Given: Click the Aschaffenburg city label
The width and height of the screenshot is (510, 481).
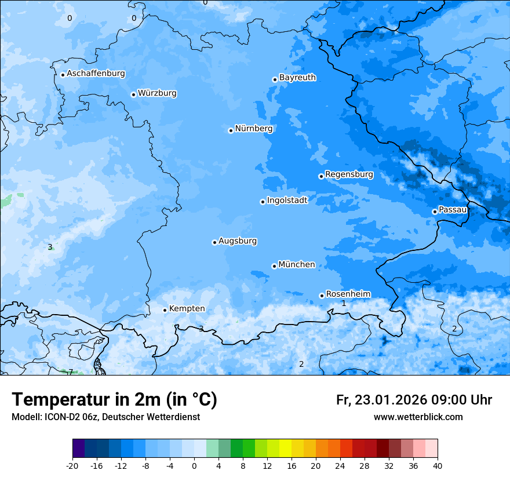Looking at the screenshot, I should tap(96, 74).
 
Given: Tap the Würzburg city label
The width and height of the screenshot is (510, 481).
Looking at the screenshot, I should tap(157, 93).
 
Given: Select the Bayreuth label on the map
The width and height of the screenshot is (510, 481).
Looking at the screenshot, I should tap(297, 78).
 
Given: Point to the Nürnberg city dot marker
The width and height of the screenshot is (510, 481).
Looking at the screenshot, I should tap(231, 130).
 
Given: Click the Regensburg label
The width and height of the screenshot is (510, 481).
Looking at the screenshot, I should tap(349, 174).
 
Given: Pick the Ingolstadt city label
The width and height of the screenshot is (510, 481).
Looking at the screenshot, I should tap(287, 201).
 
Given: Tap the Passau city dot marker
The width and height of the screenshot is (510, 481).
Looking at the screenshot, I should tap(435, 212).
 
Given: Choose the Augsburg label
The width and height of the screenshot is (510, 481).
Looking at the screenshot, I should tap(238, 241).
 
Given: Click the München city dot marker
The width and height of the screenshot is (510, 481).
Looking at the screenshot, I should tap(274, 266).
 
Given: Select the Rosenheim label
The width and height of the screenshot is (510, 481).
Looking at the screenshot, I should tap(348, 294).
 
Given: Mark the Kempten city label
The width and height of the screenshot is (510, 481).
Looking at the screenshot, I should tap(187, 309).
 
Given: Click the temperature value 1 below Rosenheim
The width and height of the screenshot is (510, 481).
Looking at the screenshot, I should tap(344, 303).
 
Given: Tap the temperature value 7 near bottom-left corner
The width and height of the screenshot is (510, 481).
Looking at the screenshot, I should tap(71, 372).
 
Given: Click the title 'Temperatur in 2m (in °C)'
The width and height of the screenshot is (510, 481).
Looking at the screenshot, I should tap(114, 399).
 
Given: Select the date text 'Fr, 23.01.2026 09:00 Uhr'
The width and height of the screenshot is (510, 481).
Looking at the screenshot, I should tap(414, 400).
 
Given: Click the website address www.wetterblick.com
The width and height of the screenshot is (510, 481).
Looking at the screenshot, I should tap(418, 417).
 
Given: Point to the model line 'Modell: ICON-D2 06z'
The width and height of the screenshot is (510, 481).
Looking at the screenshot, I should tap(105, 417).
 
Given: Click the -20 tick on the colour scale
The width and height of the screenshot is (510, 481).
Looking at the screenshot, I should tap(72, 465).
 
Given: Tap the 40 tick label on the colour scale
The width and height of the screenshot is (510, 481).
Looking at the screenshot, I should tap(437, 465).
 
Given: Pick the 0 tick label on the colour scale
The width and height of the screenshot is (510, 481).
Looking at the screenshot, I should tap(194, 465).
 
